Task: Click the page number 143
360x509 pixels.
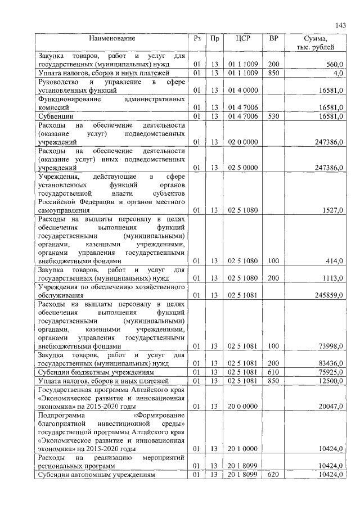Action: [340, 25]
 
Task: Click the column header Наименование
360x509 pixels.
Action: [111, 39]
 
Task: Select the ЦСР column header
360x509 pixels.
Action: [244, 39]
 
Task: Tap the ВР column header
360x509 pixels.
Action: [273, 39]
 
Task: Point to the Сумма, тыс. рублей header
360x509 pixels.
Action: [318, 43]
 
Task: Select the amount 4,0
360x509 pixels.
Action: [337, 73]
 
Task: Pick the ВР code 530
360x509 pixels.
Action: [273, 116]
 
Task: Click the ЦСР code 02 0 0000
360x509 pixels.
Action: [244, 142]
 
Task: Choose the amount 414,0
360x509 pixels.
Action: [334, 261]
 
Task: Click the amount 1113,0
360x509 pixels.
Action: [332, 278]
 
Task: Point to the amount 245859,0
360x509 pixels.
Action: [328, 295]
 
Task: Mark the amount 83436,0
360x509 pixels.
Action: [330, 363]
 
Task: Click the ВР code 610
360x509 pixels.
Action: [273, 372]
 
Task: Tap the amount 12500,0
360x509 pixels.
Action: [330, 381]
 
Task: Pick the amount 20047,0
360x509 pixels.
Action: [330, 406]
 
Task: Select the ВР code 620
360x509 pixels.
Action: [273, 475]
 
